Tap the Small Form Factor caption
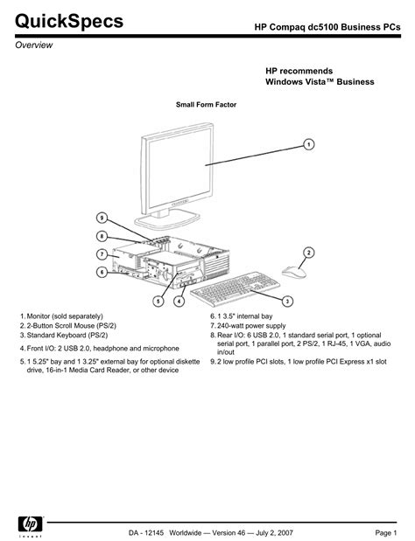(x=207, y=105)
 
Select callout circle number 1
(x=309, y=142)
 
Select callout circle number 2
(x=309, y=253)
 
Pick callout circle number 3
(x=288, y=300)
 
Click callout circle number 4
(x=179, y=301)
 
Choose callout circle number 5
(x=158, y=301)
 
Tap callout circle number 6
(x=102, y=272)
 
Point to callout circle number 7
(x=102, y=253)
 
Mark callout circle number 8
(x=102, y=235)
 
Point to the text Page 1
(x=386, y=532)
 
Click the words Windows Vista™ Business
(x=320, y=81)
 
